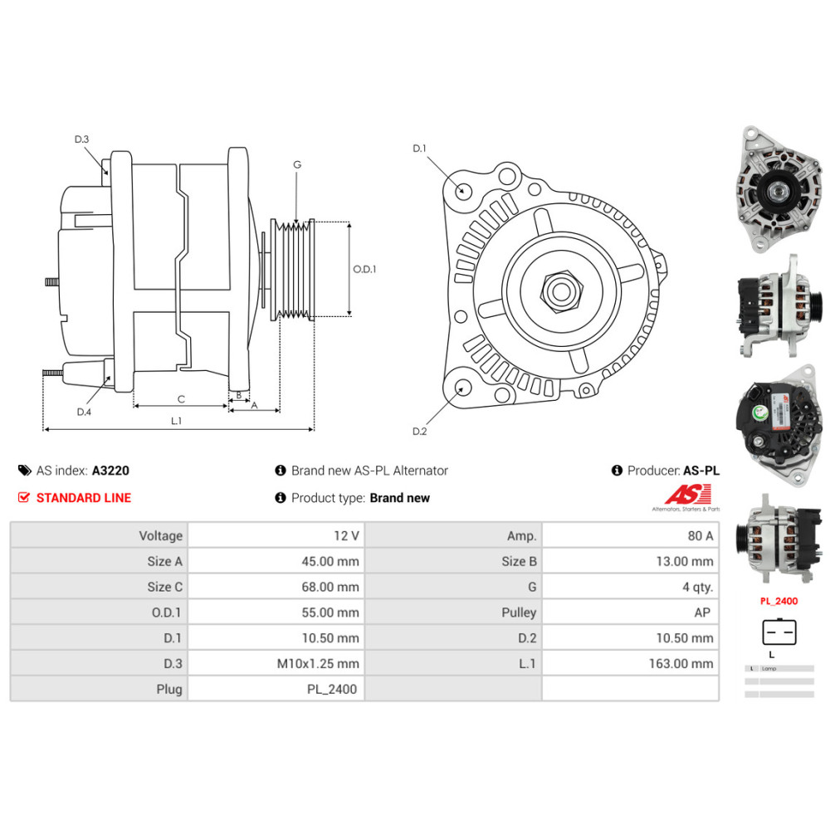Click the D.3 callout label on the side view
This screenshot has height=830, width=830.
(x=81, y=139)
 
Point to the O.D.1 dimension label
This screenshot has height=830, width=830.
(x=364, y=269)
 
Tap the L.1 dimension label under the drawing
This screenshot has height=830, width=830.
(x=176, y=421)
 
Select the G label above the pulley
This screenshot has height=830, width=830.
(x=296, y=165)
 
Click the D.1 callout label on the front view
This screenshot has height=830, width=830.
(x=419, y=149)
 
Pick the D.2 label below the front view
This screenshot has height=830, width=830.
(x=419, y=431)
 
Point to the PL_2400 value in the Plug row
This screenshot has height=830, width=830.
(x=333, y=689)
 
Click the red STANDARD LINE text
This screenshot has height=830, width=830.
(x=84, y=498)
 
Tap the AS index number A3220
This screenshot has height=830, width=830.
(x=110, y=471)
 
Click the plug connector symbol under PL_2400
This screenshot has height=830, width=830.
(x=779, y=632)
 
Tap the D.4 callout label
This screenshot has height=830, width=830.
(x=83, y=413)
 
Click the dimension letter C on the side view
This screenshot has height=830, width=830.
(x=181, y=398)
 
